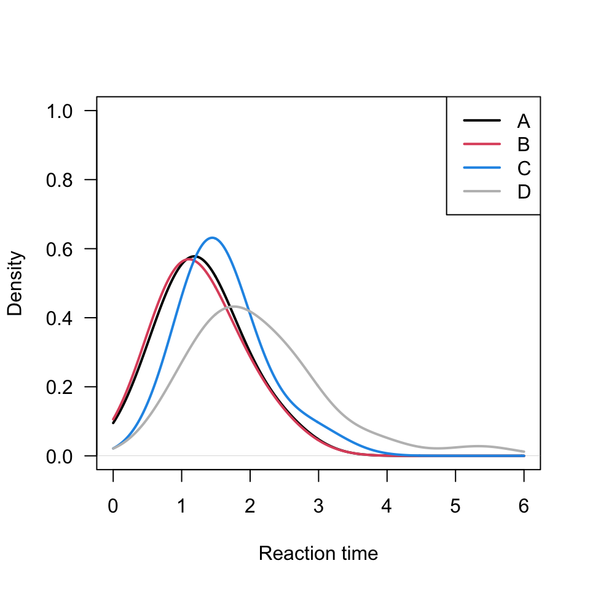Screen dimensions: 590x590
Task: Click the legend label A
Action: click(x=524, y=120)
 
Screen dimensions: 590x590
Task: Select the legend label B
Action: click(x=524, y=144)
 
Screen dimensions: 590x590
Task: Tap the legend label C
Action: click(x=524, y=168)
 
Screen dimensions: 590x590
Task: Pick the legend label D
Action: click(x=524, y=192)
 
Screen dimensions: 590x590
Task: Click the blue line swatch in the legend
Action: click(x=482, y=168)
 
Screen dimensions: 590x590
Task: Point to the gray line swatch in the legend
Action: click(x=482, y=192)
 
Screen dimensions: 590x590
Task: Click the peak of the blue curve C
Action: click(x=213, y=237)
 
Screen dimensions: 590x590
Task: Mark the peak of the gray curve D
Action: click(x=233, y=306)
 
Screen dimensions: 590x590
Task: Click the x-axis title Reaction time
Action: click(x=318, y=554)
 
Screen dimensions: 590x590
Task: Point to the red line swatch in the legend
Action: click(x=482, y=144)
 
